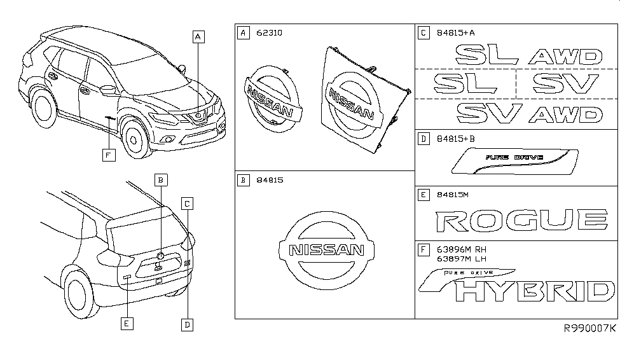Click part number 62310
click(x=268, y=31)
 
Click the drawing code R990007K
click(x=589, y=328)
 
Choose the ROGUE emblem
click(x=521, y=221)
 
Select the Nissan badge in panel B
click(x=323, y=249)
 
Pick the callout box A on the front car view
click(x=199, y=37)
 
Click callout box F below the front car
click(x=109, y=153)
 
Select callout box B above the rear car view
click(x=162, y=180)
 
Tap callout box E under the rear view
click(x=128, y=324)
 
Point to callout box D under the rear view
click(x=187, y=324)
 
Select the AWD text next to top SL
click(x=565, y=57)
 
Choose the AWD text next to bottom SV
click(x=565, y=114)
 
